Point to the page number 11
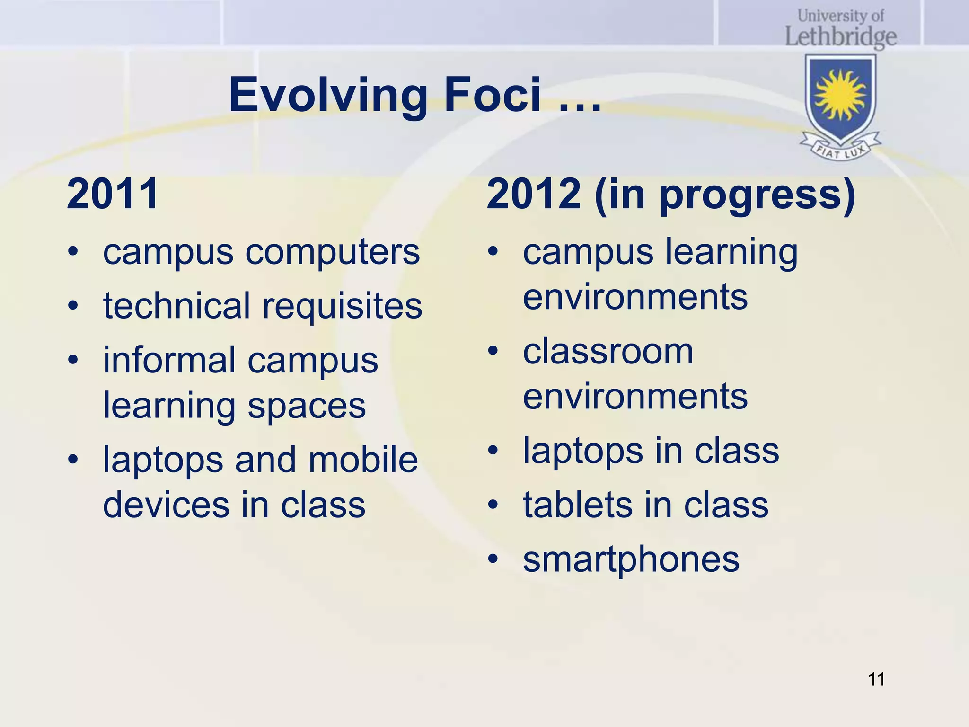point(876,679)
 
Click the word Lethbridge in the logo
point(841,36)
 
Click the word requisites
point(342,307)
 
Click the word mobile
point(363,460)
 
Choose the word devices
point(166,505)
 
